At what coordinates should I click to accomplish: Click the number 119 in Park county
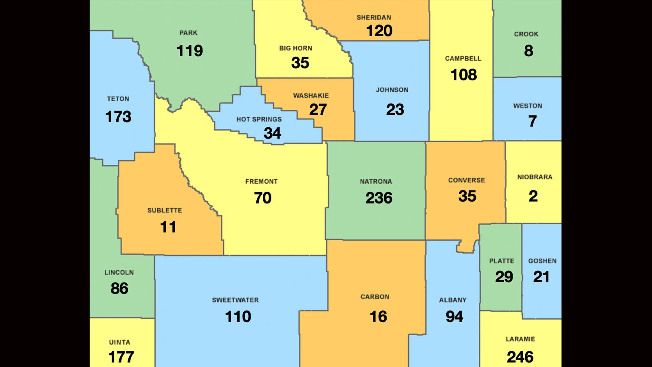[x=189, y=51]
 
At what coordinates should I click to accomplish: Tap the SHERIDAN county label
[x=374, y=18]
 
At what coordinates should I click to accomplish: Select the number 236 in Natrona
[x=379, y=198]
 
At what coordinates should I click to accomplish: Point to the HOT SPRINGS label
[x=259, y=119]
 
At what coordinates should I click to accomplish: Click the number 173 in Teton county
[x=118, y=117]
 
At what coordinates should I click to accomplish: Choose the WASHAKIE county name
[x=311, y=95]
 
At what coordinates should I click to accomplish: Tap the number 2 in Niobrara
[x=533, y=196]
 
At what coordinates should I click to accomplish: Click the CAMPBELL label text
[x=463, y=58]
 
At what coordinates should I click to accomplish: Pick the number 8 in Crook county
[x=529, y=51]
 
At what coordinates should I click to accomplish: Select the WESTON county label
[x=527, y=106]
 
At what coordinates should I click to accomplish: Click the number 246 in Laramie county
[x=520, y=357]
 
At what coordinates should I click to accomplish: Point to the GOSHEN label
[x=542, y=261]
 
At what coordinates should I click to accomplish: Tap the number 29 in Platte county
[x=504, y=277]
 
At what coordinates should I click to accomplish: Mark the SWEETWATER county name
[x=235, y=300]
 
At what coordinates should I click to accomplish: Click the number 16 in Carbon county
[x=378, y=316]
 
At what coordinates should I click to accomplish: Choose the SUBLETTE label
[x=165, y=210]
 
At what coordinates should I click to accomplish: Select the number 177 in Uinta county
[x=121, y=357]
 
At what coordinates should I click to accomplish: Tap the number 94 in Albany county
[x=454, y=316]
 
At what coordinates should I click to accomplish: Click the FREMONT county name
[x=261, y=181]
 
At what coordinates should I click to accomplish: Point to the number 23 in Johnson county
[x=395, y=109]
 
